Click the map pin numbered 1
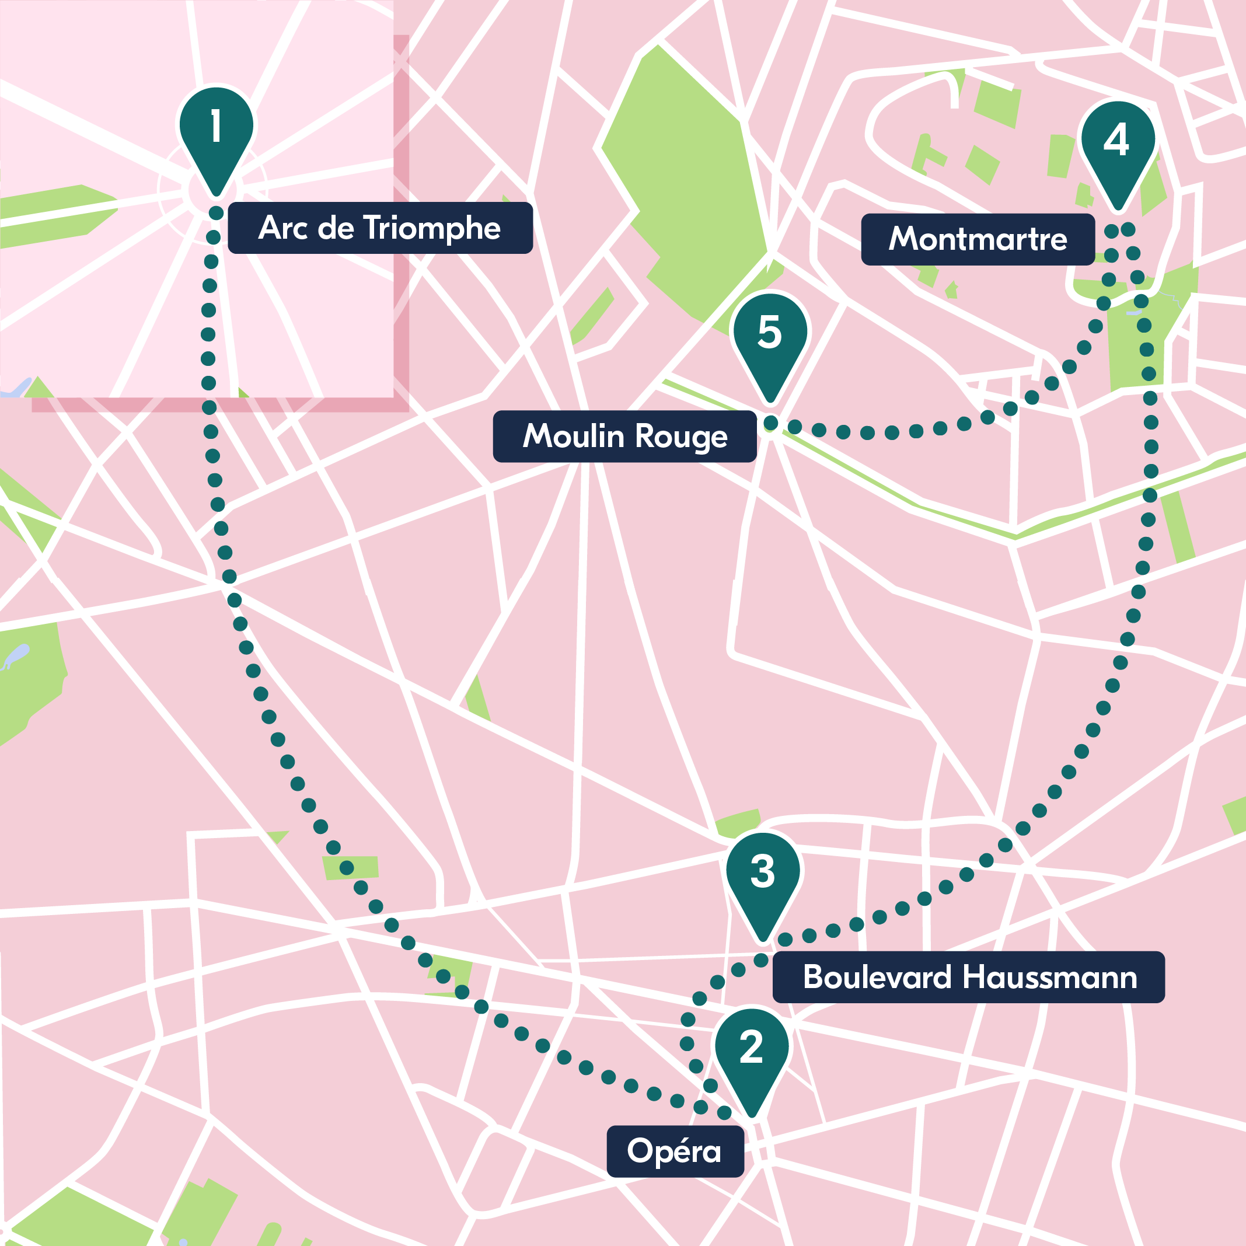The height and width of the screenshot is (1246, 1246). (x=216, y=135)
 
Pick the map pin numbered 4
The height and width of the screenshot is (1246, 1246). (x=1117, y=148)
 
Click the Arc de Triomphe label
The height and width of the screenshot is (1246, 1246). (x=380, y=228)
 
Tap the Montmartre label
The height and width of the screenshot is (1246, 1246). (x=978, y=239)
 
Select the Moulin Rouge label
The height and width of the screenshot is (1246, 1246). (x=624, y=436)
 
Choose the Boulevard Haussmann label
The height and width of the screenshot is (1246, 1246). (x=969, y=977)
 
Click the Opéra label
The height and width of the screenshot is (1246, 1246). (x=675, y=1151)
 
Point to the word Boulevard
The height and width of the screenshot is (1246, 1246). (x=877, y=977)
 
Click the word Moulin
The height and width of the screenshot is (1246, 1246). (x=573, y=436)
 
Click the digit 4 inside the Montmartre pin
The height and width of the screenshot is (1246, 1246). (x=1116, y=139)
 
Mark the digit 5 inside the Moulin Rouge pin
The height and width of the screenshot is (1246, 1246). (x=769, y=332)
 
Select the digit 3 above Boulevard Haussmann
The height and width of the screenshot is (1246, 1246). (x=762, y=871)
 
